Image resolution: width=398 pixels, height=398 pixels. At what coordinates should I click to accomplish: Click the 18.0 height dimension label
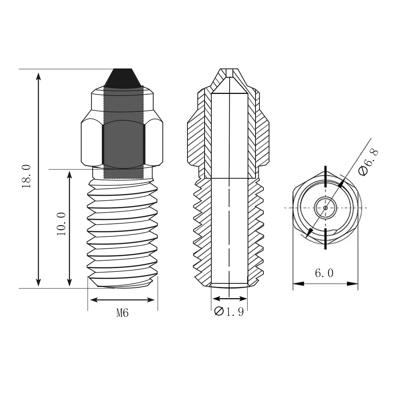coord(27,176)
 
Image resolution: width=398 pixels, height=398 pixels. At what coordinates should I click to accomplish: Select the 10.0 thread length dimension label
coord(61,224)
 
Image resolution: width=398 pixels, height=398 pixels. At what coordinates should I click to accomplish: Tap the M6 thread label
coord(123,313)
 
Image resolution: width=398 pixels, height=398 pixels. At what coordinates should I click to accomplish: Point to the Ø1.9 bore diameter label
coord(229,312)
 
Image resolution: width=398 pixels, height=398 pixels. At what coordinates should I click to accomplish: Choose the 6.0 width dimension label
coord(324,273)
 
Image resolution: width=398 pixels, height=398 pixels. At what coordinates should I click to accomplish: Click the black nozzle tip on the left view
coord(123,78)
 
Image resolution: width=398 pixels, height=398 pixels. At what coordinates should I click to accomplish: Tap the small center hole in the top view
coord(325,208)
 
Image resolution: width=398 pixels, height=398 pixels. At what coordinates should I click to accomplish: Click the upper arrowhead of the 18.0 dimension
coord(39,76)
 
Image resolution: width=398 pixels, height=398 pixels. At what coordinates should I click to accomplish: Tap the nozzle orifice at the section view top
coord(230,72)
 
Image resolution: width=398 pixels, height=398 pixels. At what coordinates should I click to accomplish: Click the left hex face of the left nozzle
coord(92,143)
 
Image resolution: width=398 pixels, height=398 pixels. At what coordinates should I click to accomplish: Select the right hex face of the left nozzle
coord(154,143)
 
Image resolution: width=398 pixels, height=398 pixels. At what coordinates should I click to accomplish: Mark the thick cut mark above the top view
coord(326,175)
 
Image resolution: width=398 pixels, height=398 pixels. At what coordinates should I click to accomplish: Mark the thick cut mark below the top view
coord(326,239)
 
